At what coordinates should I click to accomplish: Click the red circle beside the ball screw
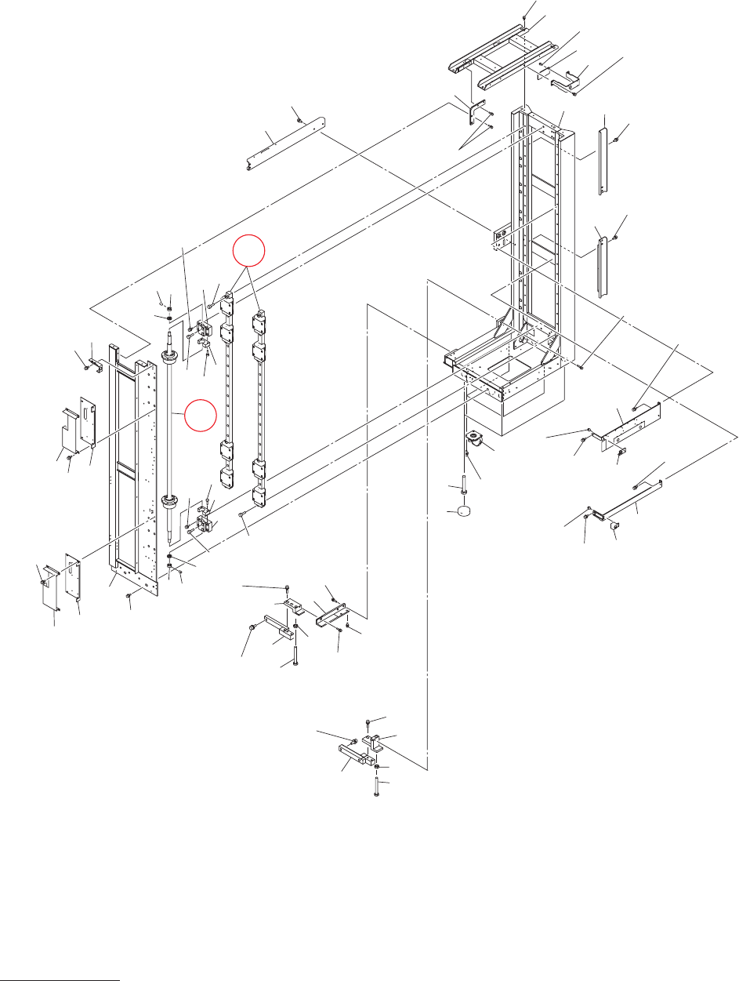tap(199, 414)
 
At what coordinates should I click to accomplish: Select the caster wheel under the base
tap(473, 440)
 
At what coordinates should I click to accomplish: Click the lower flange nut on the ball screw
tap(169, 502)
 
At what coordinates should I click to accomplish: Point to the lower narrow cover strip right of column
tap(601, 267)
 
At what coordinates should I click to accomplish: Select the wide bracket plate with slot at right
tap(629, 423)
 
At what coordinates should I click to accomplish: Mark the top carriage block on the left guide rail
tap(228, 303)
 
